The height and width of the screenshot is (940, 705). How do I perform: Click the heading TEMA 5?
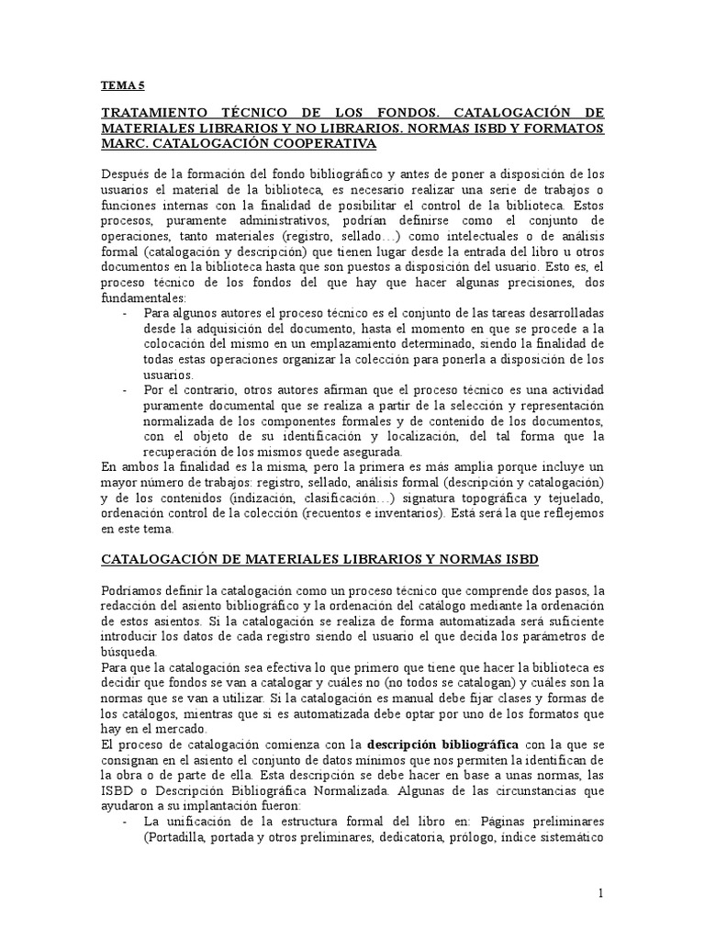point(123,85)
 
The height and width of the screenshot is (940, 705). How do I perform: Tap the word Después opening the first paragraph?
point(126,176)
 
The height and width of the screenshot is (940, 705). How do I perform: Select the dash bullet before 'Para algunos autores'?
point(124,313)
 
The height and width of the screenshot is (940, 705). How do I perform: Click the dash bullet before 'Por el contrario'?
point(124,391)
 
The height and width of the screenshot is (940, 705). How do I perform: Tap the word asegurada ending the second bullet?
point(377,452)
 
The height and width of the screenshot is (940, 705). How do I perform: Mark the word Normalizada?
point(357,788)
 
